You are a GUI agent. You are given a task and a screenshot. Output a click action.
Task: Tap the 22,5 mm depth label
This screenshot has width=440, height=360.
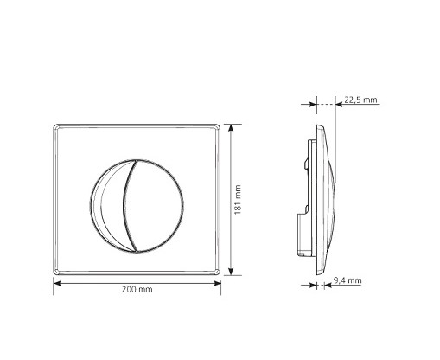[360, 100]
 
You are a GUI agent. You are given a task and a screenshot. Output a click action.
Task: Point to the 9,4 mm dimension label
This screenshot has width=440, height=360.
[348, 280]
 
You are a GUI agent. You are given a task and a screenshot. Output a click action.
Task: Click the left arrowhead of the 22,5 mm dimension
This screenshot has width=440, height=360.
[312, 104]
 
